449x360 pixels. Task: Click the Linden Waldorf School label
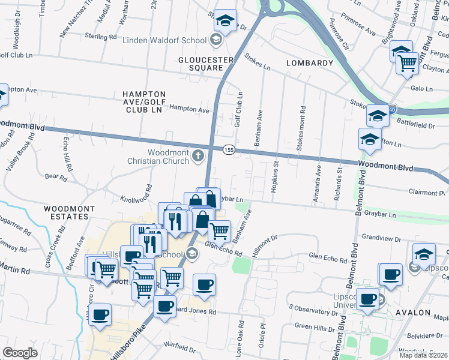[164, 40]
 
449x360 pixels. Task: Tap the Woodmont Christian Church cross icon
[198, 157]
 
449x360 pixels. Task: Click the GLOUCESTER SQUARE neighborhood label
[205, 64]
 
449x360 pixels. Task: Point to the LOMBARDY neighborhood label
[310, 63]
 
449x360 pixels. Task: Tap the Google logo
[19, 353]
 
